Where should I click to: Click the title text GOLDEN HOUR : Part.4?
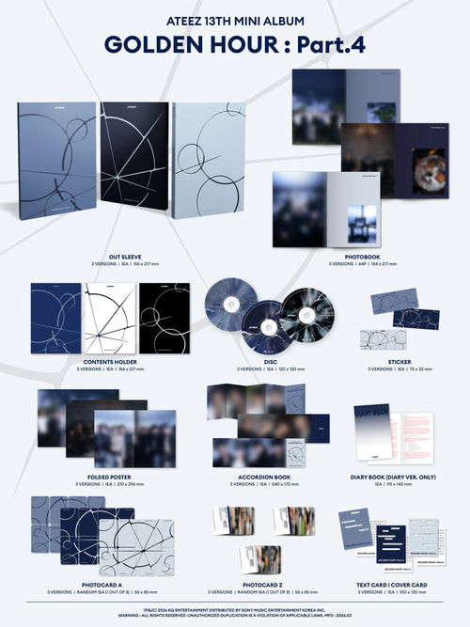235,44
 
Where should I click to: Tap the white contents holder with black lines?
109,318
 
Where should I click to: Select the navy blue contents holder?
55,318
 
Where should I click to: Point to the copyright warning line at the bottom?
235,613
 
